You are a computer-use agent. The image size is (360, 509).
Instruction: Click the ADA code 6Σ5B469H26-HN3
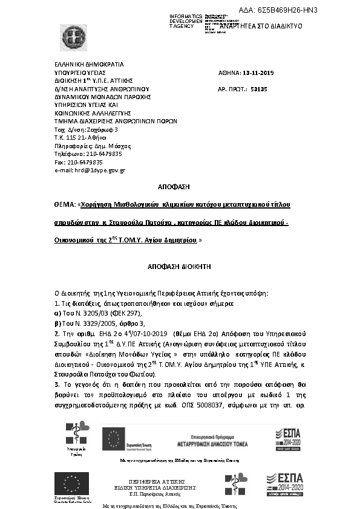coord(287,10)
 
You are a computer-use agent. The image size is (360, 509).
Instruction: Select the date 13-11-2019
coord(258,73)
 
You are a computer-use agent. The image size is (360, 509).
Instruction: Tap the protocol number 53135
coord(258,89)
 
